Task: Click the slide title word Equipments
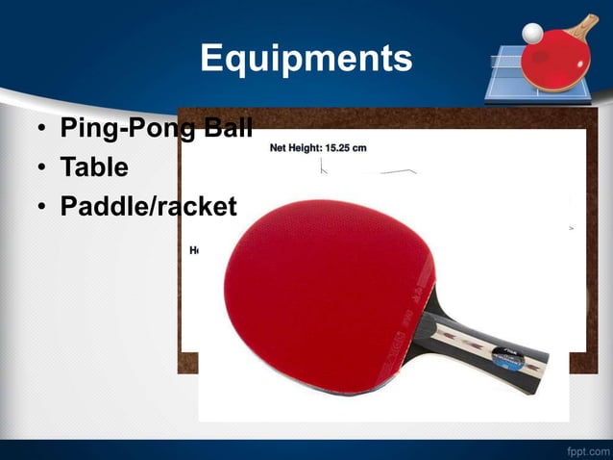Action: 306,60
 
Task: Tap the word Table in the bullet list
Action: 94,167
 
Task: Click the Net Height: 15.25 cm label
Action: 317,148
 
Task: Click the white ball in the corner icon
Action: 531,33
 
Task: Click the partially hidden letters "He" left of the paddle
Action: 194,249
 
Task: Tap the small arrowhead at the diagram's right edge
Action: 572,229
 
